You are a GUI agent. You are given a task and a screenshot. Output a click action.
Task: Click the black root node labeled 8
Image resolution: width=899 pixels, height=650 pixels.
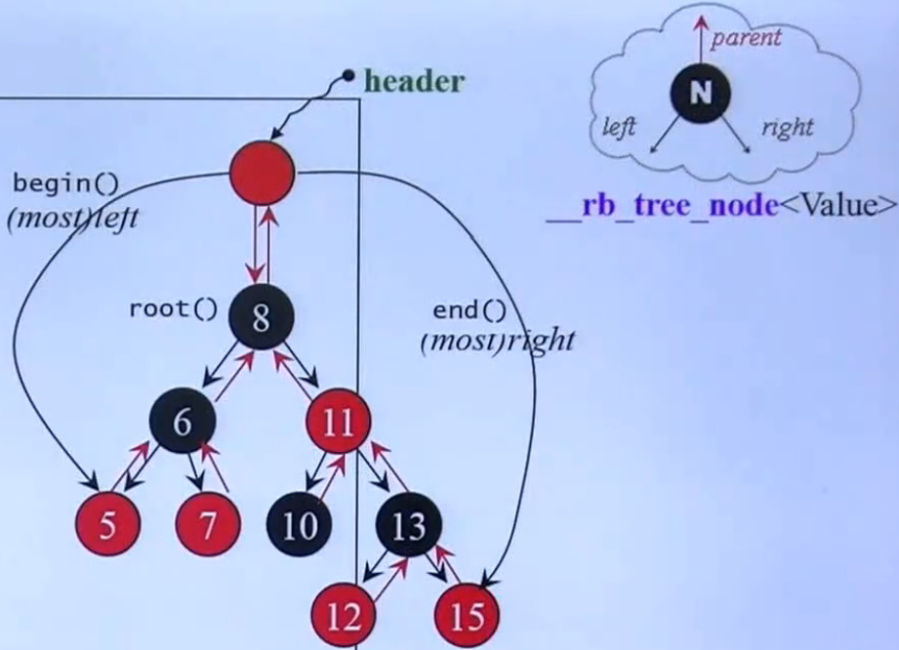coord(262,317)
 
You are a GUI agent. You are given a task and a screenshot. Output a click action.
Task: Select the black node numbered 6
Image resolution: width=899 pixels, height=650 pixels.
coord(183,422)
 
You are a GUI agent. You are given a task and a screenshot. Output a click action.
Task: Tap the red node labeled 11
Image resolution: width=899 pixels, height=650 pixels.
coord(339,423)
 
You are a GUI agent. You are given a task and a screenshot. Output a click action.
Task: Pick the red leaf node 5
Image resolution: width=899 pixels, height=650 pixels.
coord(107,524)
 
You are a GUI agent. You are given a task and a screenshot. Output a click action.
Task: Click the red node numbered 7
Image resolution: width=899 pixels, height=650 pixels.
coord(208,524)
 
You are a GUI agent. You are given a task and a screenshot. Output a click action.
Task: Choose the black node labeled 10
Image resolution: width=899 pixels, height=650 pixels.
coord(299,524)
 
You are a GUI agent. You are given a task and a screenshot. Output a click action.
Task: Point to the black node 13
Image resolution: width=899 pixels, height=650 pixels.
coord(409,524)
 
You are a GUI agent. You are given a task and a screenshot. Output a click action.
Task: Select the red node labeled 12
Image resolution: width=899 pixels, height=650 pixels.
coord(344,616)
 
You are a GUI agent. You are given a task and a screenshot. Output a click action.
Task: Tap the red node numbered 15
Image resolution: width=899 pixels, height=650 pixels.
coord(468,616)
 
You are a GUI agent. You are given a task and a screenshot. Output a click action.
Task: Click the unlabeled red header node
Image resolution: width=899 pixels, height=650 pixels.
coord(262,173)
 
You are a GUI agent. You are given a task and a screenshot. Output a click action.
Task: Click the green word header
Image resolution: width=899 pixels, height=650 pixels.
coord(414,81)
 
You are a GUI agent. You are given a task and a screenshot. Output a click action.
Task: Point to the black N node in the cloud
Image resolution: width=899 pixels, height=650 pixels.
coord(700,92)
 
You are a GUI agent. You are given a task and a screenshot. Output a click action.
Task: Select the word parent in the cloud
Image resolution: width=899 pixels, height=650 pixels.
coord(746,38)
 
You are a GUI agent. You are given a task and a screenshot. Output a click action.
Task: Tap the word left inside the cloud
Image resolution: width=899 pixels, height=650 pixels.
coord(619,127)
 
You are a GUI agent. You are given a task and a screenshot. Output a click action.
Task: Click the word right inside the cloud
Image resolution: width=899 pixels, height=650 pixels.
coord(787,127)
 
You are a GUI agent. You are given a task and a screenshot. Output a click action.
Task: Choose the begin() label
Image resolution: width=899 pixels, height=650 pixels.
coord(65,184)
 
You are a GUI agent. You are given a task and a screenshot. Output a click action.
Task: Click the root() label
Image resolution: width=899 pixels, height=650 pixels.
coord(173,309)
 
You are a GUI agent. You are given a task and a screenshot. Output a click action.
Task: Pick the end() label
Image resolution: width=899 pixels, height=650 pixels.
coord(470,310)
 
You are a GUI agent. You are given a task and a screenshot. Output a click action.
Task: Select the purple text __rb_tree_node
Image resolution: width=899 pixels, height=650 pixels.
coord(663,206)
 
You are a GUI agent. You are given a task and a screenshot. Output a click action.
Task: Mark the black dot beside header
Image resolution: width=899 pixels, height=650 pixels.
coord(347,74)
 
